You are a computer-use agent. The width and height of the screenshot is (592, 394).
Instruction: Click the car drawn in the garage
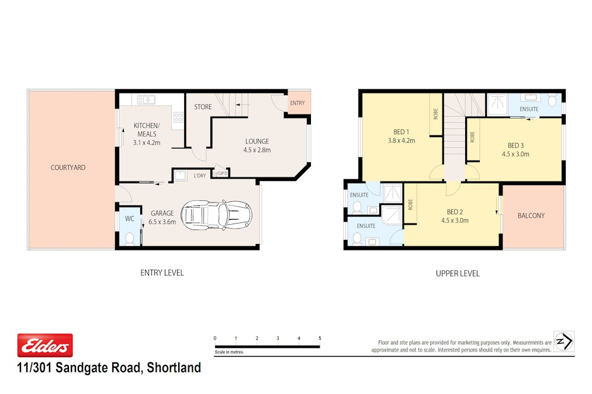tap(216, 215)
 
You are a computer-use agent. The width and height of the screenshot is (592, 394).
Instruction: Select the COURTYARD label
tap(68, 168)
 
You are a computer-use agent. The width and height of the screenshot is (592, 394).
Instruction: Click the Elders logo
tap(45, 346)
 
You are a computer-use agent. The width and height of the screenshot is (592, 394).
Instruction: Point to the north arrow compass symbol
tap(564, 341)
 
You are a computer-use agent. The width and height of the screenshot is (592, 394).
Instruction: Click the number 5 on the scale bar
tap(320, 339)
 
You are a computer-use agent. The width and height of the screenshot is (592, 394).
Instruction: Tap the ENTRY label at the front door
tap(297, 103)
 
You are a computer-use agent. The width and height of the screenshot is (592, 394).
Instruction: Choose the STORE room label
tap(203, 107)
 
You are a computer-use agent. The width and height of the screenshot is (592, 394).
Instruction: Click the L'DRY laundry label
tap(199, 175)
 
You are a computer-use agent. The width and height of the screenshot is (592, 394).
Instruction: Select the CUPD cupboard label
tap(221, 173)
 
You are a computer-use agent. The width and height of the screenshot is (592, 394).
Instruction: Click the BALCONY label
tap(531, 215)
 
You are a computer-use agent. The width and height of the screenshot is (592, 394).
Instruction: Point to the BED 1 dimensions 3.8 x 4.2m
tap(400, 140)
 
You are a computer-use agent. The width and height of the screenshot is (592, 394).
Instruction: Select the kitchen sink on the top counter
tap(146, 100)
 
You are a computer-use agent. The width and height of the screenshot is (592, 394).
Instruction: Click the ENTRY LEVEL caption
tap(162, 273)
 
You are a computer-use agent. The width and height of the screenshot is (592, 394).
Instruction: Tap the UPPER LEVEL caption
tap(457, 273)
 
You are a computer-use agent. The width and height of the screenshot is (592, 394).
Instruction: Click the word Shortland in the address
tap(174, 368)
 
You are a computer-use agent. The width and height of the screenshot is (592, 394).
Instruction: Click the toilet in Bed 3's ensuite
tap(552, 101)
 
